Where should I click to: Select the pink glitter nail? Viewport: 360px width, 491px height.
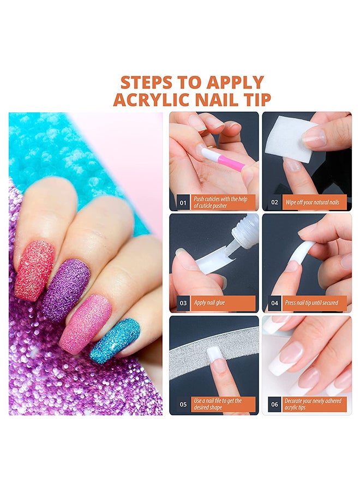point(85,323)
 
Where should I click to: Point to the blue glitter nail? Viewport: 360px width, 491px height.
point(115,340)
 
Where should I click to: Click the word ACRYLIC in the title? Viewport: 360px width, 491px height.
point(152,99)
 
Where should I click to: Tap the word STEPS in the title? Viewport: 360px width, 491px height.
point(147,82)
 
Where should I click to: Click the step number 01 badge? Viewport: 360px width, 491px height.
point(183,202)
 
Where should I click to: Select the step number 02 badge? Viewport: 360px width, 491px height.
point(274,202)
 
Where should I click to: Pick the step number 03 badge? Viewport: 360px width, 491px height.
point(183,303)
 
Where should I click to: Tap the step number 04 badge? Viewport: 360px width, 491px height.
point(274,303)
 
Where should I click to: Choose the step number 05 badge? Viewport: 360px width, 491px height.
point(183,404)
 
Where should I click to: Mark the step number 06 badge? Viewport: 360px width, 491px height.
point(274,404)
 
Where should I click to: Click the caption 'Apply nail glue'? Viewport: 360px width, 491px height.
point(209,303)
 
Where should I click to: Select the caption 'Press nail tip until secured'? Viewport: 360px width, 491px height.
point(311,303)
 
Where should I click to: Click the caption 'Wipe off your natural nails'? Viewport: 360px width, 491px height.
point(312,202)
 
